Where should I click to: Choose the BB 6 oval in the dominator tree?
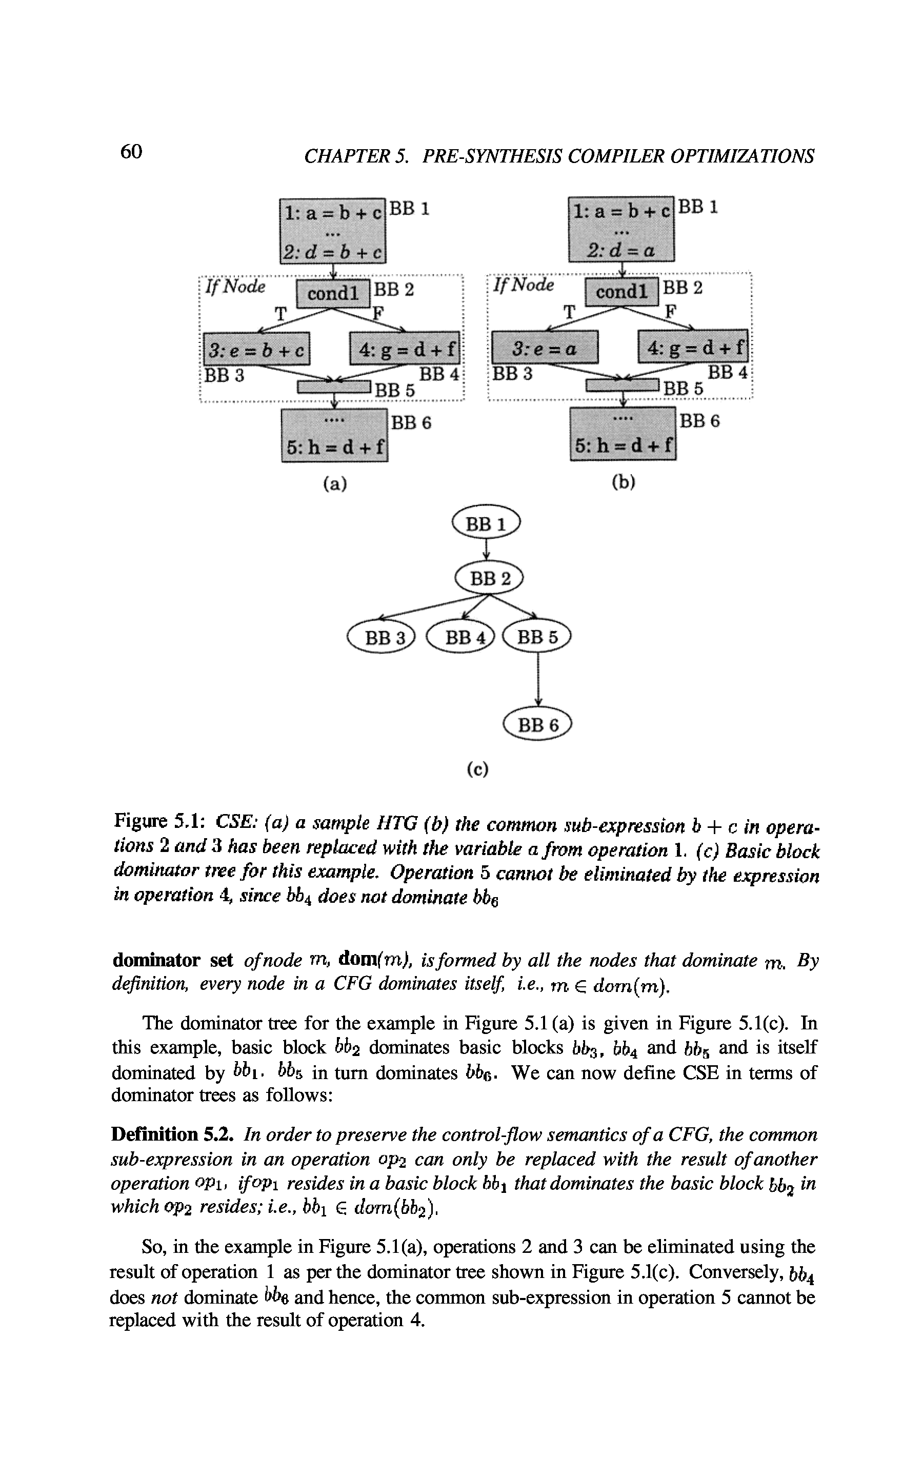point(538,724)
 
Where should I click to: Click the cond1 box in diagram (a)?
point(333,294)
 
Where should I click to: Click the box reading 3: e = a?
point(545,348)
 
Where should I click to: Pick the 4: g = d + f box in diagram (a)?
point(405,350)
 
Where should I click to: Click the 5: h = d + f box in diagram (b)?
point(623,445)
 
